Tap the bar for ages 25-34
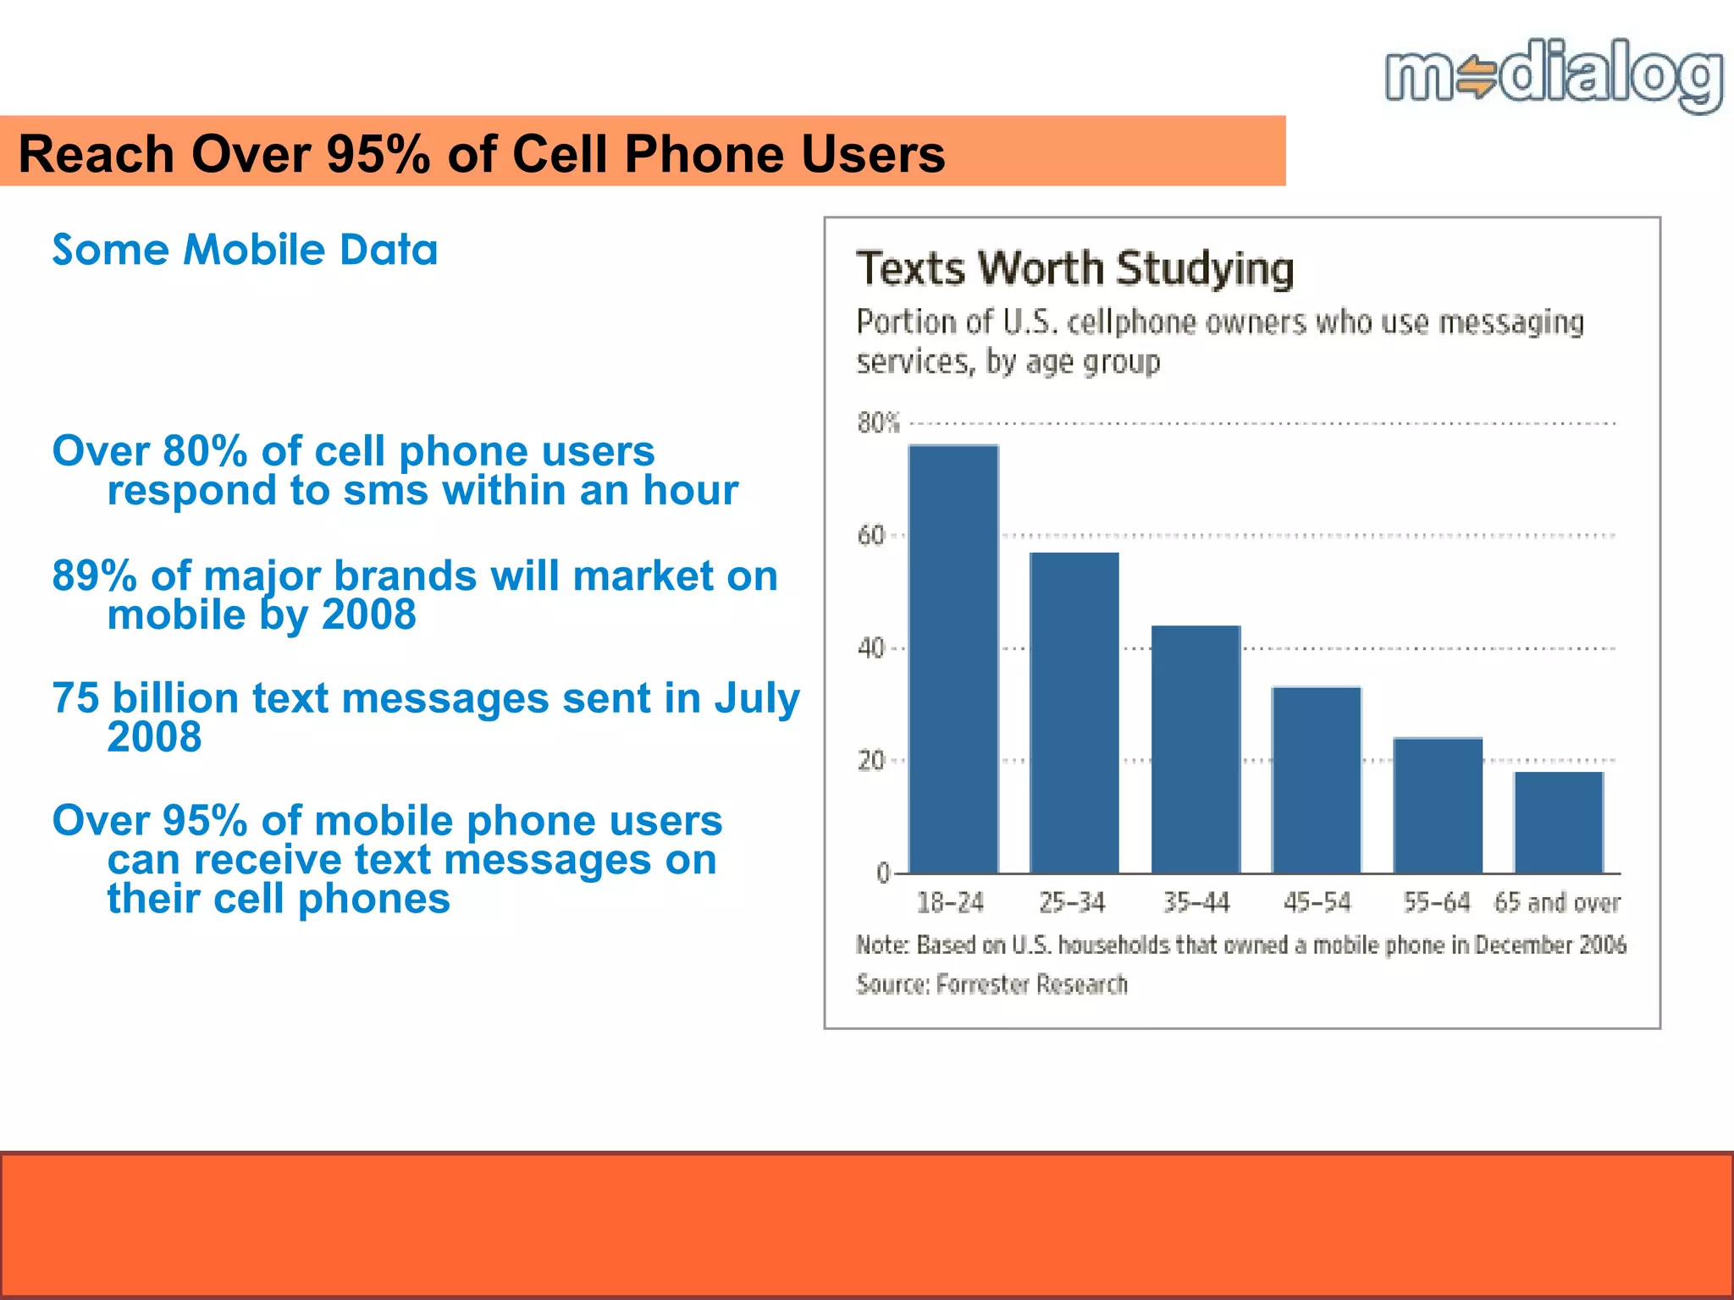point(1074,713)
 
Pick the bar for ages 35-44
point(1196,749)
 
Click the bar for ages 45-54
point(1317,779)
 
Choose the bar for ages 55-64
point(1438,805)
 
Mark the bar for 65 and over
point(1559,822)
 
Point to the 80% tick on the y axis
point(878,422)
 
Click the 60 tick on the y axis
point(871,536)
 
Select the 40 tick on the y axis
point(871,648)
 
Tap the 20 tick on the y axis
point(871,761)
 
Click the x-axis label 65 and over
point(1556,902)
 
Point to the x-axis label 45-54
point(1317,902)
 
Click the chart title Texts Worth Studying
point(1074,268)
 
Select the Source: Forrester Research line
point(991,984)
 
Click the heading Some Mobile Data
point(245,250)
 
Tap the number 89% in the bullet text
point(94,576)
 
